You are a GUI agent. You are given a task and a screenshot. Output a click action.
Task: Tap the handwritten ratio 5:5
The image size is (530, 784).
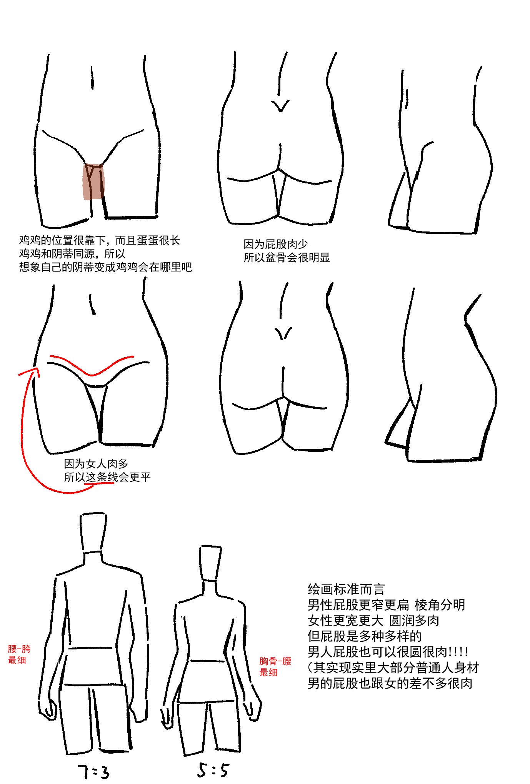tap(213, 770)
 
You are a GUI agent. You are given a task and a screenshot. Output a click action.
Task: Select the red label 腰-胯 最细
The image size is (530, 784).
tap(19, 654)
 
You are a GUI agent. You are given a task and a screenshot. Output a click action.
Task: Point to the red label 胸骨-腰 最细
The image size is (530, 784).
tap(275, 667)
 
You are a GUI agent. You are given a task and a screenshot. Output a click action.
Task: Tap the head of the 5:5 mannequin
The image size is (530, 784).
tap(210, 563)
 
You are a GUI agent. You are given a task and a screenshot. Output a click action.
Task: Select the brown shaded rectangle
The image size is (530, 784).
tap(93, 181)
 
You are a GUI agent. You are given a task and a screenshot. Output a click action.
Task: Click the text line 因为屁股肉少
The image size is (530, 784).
tap(276, 244)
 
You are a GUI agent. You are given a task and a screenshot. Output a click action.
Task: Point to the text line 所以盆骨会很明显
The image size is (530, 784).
tap(287, 258)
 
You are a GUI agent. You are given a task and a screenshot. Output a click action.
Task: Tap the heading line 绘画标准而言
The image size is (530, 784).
tap(346, 589)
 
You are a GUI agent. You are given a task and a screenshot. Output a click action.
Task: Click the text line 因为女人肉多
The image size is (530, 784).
tap(96, 464)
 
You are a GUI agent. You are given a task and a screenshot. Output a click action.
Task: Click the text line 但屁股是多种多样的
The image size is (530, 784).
tap(365, 636)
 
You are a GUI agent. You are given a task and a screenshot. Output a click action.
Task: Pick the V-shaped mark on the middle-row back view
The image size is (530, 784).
tap(283, 333)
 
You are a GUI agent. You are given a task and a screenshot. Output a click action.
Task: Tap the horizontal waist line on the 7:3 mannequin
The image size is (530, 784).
tap(91, 648)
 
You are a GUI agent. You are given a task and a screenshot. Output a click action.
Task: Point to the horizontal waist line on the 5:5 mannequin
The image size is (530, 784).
tap(208, 661)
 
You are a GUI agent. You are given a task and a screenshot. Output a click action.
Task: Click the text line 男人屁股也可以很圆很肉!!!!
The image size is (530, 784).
tap(388, 652)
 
